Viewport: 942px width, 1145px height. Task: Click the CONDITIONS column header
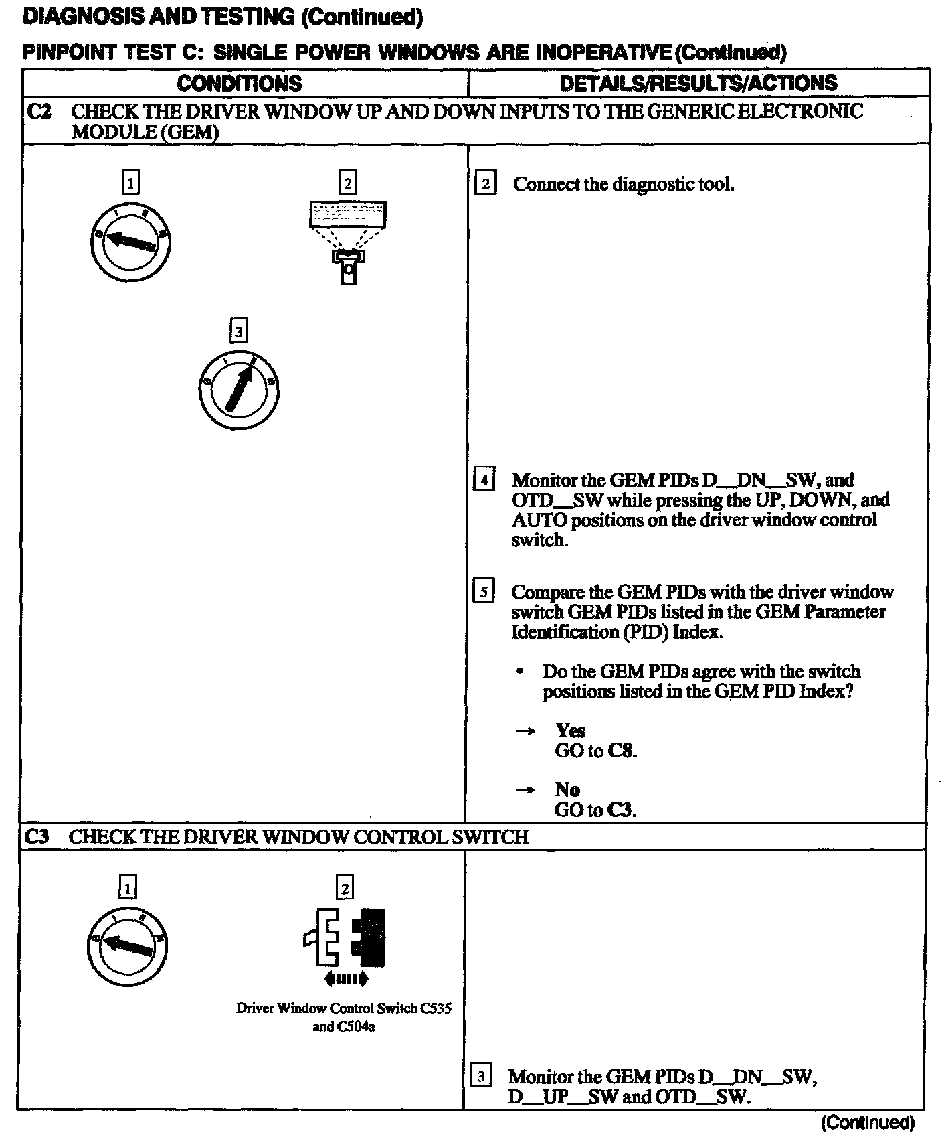pos(239,83)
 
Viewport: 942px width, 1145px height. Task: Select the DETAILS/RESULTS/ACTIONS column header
pos(698,83)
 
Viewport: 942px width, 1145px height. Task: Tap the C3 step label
pos(38,836)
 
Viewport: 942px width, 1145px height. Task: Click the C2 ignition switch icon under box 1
pos(130,242)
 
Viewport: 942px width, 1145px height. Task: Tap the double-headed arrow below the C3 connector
pos(346,979)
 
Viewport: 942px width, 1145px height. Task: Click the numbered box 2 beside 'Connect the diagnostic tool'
pos(485,184)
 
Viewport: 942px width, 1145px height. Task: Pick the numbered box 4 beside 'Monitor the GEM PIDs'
pos(483,480)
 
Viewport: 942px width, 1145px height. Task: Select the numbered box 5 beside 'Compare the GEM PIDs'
pos(483,592)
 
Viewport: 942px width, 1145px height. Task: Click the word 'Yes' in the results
pos(570,731)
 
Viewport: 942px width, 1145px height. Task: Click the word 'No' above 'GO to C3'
pos(567,789)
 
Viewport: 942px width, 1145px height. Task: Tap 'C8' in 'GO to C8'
pos(622,751)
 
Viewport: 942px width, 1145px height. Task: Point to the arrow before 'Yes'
pos(525,731)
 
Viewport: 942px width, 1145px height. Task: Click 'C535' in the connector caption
pos(436,1008)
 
